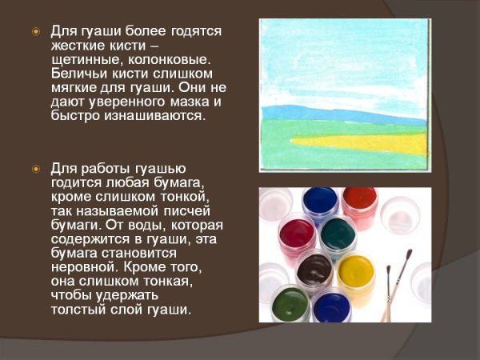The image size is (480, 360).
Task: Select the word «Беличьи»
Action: click(x=78, y=74)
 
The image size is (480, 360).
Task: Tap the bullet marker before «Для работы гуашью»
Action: click(x=35, y=170)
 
